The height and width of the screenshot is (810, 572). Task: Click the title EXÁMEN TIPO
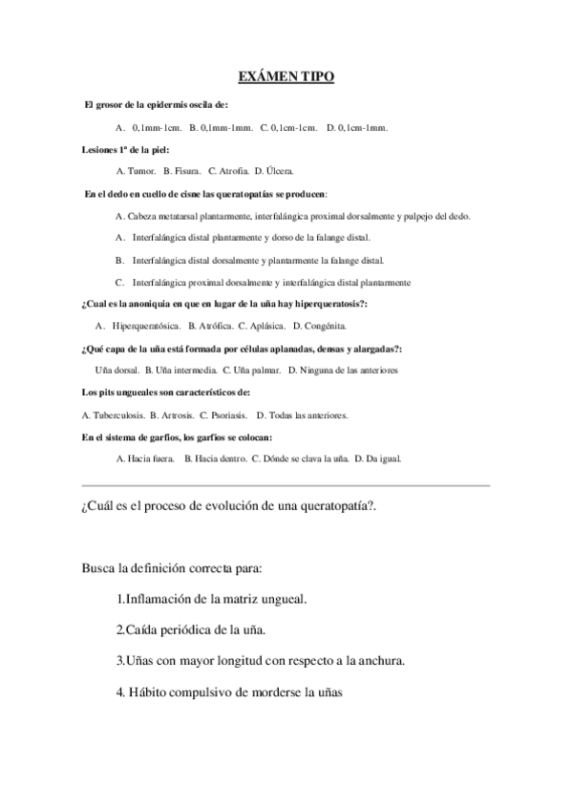click(286, 76)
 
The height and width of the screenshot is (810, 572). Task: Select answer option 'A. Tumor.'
click(136, 171)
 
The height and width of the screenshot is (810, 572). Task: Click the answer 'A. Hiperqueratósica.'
click(137, 326)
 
